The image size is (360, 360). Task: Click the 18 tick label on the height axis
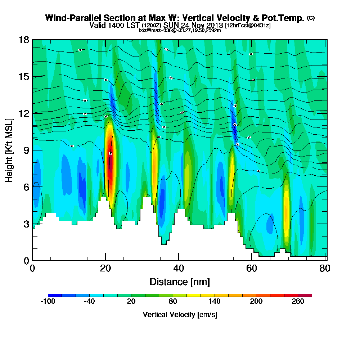tap(23, 40)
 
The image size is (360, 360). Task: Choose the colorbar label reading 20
tap(131, 302)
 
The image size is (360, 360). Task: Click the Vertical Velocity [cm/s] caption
tap(180, 315)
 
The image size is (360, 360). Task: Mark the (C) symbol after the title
tap(310, 18)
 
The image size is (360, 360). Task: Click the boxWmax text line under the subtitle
tap(180, 30)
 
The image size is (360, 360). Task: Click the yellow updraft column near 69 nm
tap(287, 209)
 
